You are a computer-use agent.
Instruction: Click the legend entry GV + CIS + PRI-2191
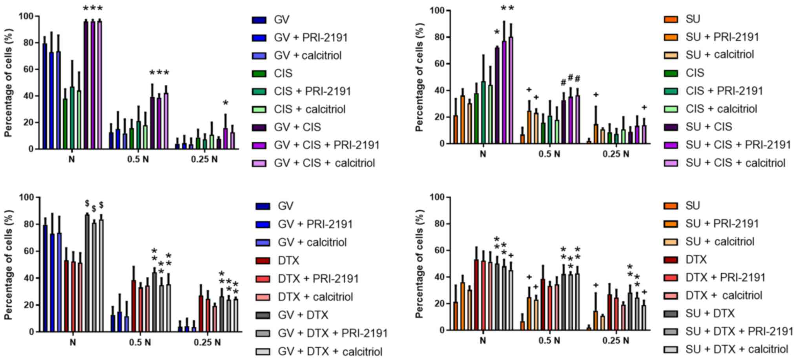pos(326,145)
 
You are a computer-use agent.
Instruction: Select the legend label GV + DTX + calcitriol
pos(330,351)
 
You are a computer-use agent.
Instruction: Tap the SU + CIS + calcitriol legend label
pos(735,163)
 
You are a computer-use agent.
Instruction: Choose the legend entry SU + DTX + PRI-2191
pos(739,331)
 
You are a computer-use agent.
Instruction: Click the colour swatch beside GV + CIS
pos(259,127)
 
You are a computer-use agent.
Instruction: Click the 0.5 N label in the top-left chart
pos(138,160)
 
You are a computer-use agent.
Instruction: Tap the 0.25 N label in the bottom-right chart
pos(616,340)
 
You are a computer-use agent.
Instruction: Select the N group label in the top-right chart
pos(483,154)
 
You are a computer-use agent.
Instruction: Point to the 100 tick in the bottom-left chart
pos(26,197)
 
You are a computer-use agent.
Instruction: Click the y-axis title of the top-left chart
pos(9,82)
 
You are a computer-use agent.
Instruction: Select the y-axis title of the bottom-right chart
pos(419,263)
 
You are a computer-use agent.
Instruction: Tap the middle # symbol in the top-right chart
pos(571,77)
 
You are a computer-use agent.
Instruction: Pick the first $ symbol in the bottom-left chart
pos(87,203)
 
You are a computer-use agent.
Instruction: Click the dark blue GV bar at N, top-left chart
pos(45,96)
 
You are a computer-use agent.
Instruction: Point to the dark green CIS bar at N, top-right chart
pos(476,119)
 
